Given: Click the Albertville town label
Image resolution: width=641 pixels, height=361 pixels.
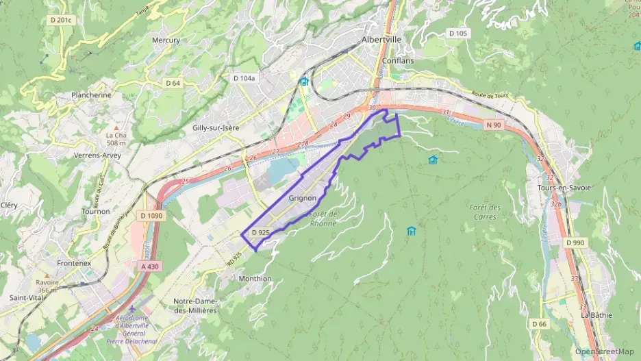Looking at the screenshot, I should coord(381,40).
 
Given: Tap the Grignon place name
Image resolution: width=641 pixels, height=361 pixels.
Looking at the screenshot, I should coord(302,198).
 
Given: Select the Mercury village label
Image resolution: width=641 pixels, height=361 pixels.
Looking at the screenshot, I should coord(166,40).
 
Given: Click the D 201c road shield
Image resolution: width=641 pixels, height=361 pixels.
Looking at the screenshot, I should coord(60,20).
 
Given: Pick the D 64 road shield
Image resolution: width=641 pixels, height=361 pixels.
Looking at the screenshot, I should coord(173,83).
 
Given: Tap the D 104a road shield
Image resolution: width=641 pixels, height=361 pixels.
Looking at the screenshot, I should coord(244,79).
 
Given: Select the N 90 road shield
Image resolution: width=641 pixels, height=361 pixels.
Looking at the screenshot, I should coord(493,125).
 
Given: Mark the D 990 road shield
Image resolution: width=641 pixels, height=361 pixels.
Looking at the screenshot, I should coord(575,243).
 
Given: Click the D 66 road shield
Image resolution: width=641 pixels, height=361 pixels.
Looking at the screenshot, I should coord(539,323).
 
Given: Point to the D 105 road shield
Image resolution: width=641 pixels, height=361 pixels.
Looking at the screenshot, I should coord(457,34).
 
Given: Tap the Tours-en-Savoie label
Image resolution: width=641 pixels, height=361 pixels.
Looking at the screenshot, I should coord(564,188).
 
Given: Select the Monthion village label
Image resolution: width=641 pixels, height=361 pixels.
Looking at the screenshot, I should coord(255,279).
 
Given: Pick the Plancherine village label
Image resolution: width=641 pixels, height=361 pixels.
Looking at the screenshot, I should coord(91,95).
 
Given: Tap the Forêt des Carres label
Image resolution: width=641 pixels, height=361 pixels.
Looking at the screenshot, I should coord(486,212).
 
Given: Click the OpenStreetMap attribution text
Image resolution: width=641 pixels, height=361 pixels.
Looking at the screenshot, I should coord(604,352).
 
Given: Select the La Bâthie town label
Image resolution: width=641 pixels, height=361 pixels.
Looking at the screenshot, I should coord(595,315).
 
